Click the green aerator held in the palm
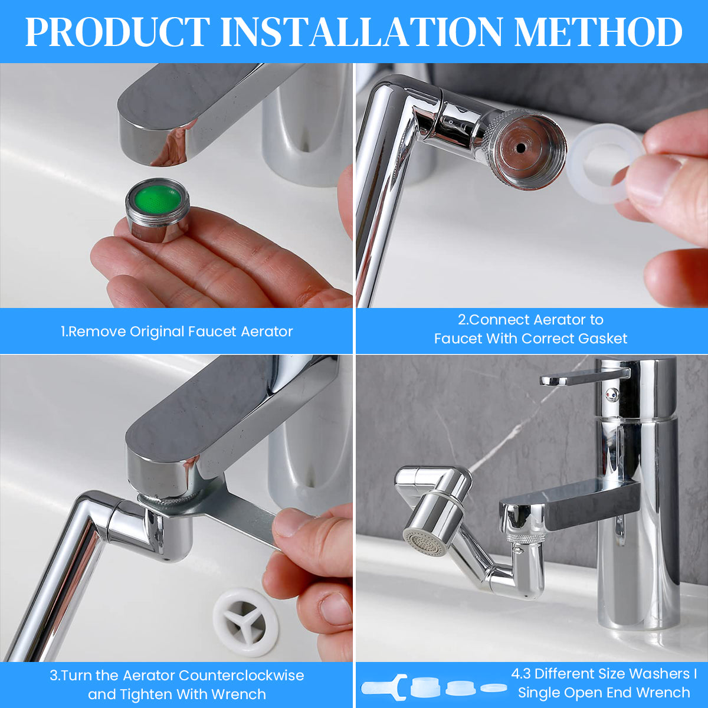(158, 210)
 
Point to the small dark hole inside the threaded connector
(520, 147)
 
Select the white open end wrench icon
(384, 687)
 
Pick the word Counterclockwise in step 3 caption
(241, 676)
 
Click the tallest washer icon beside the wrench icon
(426, 687)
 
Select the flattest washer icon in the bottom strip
(494, 687)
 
